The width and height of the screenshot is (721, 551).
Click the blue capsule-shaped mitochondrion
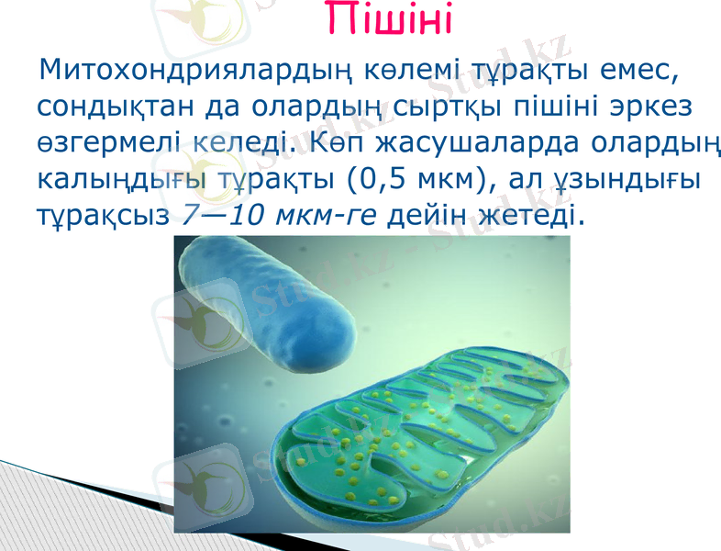pyautogui.click(x=266, y=294)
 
